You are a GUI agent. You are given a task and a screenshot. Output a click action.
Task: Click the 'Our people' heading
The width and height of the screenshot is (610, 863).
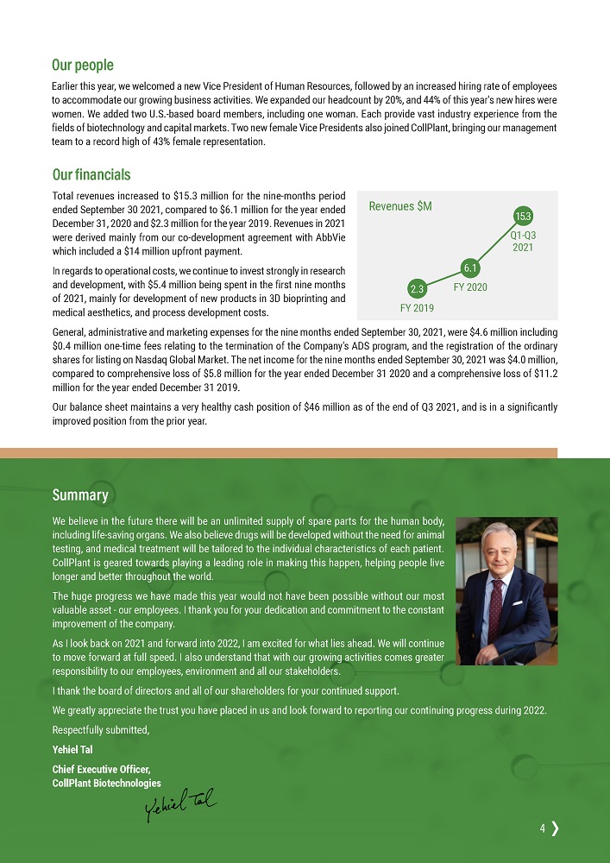tap(83, 65)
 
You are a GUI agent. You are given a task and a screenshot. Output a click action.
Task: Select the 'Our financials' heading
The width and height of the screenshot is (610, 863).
tap(91, 175)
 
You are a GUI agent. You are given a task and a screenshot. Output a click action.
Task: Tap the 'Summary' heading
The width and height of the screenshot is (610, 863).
tap(80, 495)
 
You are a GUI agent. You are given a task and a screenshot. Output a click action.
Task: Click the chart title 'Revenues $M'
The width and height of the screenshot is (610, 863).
tap(400, 206)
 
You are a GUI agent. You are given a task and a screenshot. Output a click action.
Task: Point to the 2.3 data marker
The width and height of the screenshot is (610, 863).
tap(416, 287)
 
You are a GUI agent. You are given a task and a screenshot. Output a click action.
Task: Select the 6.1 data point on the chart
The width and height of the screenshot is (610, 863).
tap(470, 267)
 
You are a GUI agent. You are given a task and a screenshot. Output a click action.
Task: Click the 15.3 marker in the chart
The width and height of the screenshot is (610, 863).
tap(522, 215)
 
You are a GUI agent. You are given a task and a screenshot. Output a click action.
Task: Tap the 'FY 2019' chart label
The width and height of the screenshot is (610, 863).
tap(417, 307)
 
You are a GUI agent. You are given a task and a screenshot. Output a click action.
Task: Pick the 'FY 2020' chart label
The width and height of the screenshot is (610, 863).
tap(471, 286)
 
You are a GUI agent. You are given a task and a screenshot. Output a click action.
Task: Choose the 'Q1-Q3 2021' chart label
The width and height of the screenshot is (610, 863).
tap(522, 241)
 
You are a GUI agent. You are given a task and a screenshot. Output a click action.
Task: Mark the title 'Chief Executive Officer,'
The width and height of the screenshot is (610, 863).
tap(102, 769)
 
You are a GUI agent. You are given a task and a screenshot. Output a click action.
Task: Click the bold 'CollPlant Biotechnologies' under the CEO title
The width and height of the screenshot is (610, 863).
tap(107, 783)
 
